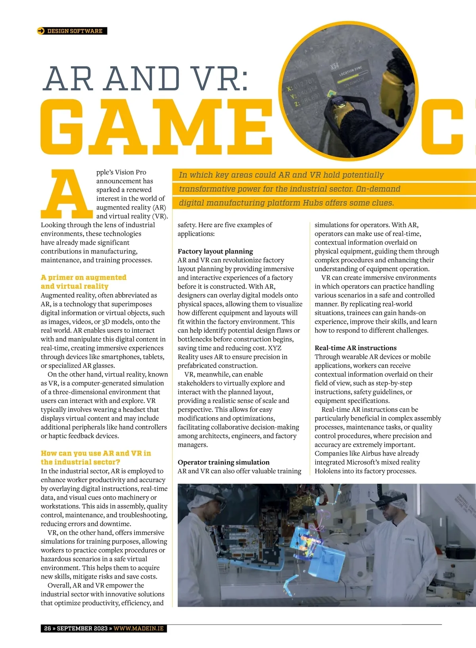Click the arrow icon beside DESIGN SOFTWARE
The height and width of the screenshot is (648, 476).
pos(41,31)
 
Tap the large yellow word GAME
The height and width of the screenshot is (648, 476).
pos(157,127)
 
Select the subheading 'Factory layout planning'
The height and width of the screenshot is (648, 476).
pos(215,251)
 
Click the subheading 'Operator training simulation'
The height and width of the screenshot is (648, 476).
pos(223,462)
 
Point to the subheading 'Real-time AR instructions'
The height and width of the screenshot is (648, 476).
pos(355,348)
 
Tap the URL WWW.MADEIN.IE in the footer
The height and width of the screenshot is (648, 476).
pos(138,629)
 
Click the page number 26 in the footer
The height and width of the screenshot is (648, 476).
pos(48,629)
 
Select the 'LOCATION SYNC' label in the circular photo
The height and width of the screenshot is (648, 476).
pos(351,70)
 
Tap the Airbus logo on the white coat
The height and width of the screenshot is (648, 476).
pos(409,540)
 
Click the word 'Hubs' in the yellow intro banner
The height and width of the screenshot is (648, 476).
pos(312,203)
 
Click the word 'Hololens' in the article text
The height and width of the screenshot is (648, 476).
pos(328,471)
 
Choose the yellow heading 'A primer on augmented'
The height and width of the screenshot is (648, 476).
pos(83,278)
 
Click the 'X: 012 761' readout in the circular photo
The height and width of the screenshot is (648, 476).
pos(299,84)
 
